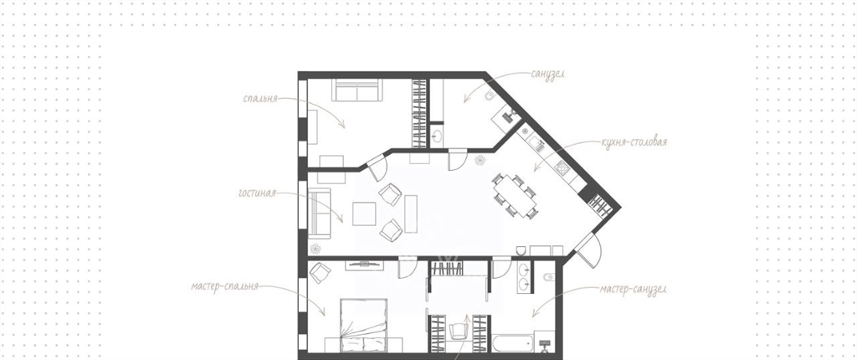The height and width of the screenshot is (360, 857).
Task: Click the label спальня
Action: click(261, 99)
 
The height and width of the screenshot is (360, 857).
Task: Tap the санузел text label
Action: click(547, 74)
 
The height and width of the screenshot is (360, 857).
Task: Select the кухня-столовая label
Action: click(634, 143)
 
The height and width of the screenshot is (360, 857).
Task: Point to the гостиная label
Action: click(257, 193)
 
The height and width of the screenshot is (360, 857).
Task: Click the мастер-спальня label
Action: click(224, 286)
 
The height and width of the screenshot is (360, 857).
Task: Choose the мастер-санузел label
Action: click(633, 289)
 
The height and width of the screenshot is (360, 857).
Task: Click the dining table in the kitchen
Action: click(516, 195)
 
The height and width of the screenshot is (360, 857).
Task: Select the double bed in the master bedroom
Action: click(363, 325)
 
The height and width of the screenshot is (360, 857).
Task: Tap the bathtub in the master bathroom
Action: click(513, 343)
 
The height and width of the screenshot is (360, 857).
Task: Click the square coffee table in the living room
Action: click(364, 213)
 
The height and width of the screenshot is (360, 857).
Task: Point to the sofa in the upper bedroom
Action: click(356, 90)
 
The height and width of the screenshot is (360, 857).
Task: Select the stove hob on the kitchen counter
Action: click(562, 167)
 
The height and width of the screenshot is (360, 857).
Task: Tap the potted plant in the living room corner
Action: click(316, 249)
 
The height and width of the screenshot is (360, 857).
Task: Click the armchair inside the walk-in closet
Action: click(459, 331)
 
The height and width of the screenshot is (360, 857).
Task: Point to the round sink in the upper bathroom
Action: click(438, 134)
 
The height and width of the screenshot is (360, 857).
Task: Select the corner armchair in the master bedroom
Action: click(321, 270)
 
